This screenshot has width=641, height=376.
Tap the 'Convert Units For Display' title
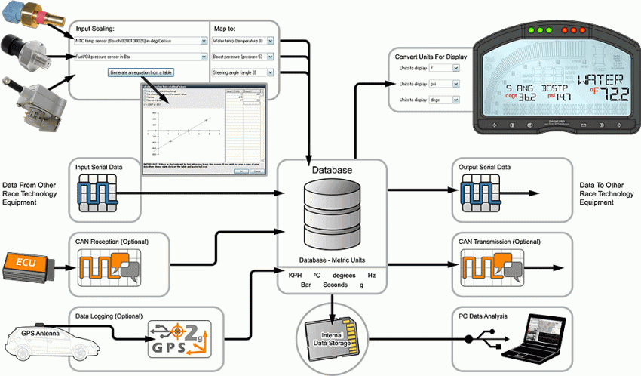pos(431,57)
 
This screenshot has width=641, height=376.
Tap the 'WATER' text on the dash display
pos(601,79)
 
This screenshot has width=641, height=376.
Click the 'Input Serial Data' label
pos(105,165)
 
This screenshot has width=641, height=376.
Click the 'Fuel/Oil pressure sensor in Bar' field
pos(140,57)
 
